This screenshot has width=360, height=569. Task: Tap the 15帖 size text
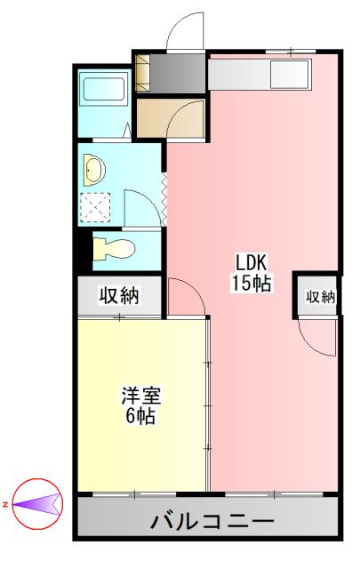click(x=251, y=284)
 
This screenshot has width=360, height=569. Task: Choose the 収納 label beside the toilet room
click(x=117, y=296)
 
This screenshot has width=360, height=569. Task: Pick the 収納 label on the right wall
click(x=321, y=296)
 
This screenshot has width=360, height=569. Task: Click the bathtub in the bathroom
click(x=105, y=90)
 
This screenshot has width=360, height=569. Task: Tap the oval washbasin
click(x=93, y=166)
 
